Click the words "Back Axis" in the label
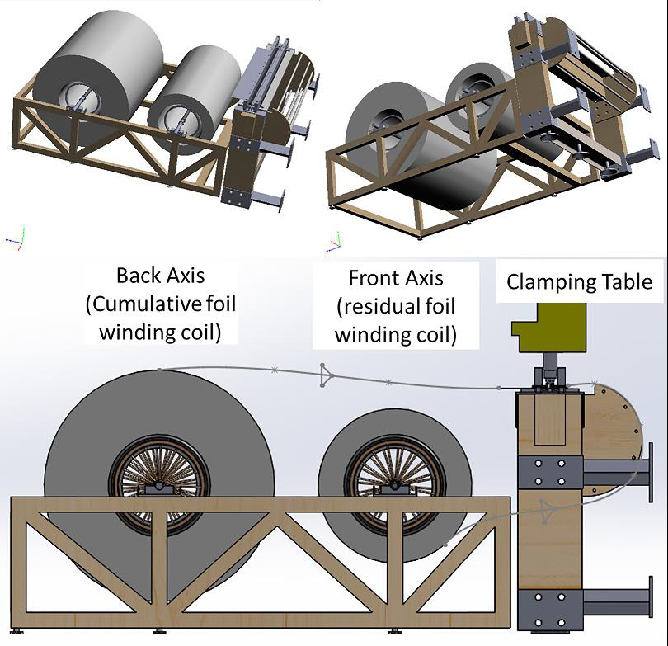pos(161,275)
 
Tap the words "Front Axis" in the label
pos(396,277)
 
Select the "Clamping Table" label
pos(579,282)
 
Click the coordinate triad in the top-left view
pos(14,239)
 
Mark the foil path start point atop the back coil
pos(158,369)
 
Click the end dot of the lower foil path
pos(446,544)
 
